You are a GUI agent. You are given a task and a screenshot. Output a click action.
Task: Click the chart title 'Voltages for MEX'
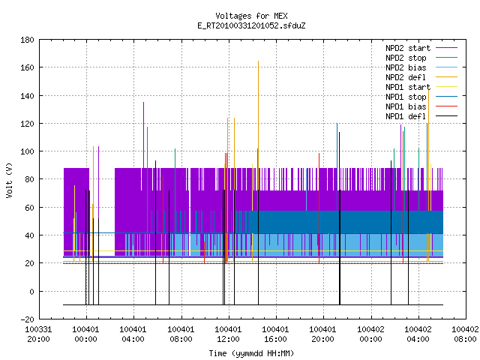coord(251,16)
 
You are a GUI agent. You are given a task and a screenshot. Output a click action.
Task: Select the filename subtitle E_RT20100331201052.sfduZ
coord(251,25)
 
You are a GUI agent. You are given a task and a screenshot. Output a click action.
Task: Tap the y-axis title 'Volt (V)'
coord(10,180)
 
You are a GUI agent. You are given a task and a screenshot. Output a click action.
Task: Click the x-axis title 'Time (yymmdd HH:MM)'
coord(251,353)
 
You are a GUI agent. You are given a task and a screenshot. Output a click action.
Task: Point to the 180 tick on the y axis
coord(27,40)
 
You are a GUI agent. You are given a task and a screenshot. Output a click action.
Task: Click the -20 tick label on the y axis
coord(27,319)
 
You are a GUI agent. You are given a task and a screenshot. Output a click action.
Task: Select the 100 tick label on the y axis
coord(27,151)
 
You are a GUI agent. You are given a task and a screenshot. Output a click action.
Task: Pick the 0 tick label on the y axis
coord(31,292)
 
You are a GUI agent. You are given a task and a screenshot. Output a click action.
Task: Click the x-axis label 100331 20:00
coord(38,334)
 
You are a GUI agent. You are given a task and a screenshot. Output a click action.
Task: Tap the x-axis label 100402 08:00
coord(465,334)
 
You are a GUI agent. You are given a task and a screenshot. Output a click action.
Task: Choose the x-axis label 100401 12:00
coord(228,334)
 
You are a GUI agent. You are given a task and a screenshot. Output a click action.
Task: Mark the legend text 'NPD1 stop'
coord(406,97)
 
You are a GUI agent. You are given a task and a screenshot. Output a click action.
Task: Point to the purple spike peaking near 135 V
coord(143,135)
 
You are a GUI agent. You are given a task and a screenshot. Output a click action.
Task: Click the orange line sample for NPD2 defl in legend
coord(446,77)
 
